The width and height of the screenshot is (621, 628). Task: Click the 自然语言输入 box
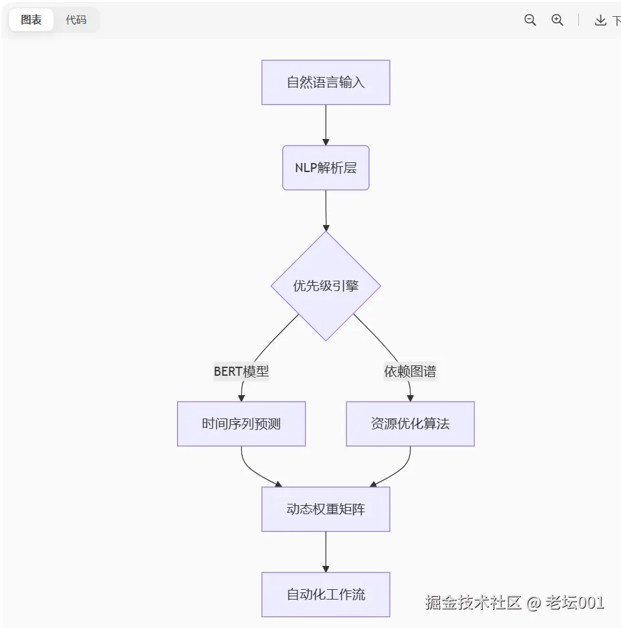[x=326, y=82]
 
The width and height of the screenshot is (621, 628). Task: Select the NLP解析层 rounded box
[x=326, y=168]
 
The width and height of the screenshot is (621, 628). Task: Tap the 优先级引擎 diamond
[x=326, y=286]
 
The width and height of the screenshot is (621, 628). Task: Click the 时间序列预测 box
[x=241, y=424]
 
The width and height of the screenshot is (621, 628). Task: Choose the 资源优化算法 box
[x=410, y=424]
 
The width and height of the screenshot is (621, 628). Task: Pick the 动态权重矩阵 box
[x=326, y=509]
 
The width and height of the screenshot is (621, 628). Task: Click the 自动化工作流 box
[x=326, y=594]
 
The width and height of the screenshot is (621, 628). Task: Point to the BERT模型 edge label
[x=241, y=371]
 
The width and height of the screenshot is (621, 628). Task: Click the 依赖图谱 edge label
[x=410, y=371]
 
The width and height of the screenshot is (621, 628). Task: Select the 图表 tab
[x=31, y=20]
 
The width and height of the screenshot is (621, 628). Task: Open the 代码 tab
[x=76, y=20]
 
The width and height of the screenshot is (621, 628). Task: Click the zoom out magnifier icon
[x=531, y=20]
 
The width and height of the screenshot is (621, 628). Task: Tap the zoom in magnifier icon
[x=558, y=20]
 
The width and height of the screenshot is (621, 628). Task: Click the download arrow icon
[x=600, y=20]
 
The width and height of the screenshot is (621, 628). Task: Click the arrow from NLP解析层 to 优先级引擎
[x=326, y=210]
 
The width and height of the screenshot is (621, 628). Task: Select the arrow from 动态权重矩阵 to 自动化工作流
[x=326, y=552]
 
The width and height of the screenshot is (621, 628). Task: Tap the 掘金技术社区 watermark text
[x=473, y=603]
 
